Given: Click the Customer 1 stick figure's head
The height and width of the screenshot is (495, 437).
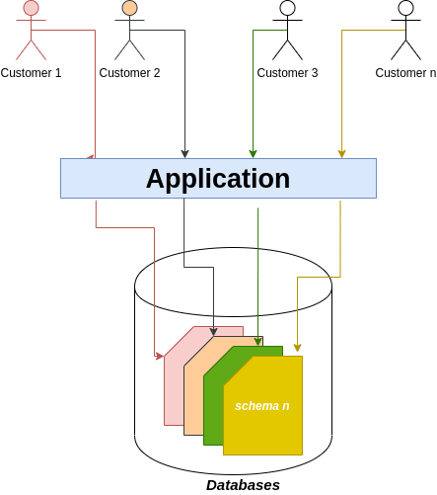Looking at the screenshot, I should point(31,9).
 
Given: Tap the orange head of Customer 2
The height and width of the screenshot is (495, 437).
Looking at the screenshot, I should point(129,9).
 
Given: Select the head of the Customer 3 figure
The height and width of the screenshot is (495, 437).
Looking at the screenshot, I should point(287,9).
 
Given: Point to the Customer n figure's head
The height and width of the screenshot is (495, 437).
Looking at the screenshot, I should point(405,9).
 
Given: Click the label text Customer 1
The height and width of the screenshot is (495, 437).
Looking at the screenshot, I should point(31,73).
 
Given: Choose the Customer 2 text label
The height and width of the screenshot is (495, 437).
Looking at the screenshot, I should point(129,73).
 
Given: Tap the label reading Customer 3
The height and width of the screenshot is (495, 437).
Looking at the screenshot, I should point(287,73).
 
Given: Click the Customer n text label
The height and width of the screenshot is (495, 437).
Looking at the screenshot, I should point(405,73).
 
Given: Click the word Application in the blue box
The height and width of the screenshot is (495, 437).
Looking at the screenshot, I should point(218,179).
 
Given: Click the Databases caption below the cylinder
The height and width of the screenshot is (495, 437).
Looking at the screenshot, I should point(243,485).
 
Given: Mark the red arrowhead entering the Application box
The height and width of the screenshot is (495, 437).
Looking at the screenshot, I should point(91,155).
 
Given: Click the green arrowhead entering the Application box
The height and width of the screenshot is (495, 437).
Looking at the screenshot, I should point(253,153).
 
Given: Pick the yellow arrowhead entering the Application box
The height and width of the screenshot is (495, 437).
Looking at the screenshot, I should point(341,153).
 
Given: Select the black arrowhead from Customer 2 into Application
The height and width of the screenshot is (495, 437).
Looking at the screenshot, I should point(184,153).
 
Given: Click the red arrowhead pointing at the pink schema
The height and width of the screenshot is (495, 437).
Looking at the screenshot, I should point(159,355).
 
